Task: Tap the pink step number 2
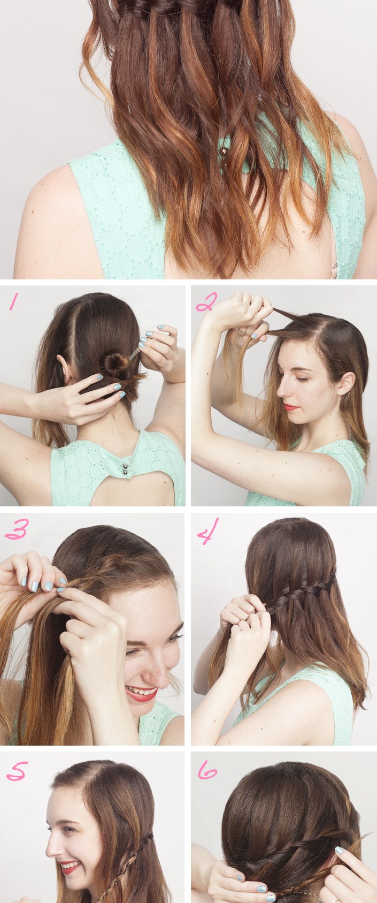point(205,303)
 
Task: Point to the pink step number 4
point(205,534)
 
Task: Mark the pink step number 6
point(206,772)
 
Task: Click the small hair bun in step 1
point(114,365)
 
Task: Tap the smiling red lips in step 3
point(141,694)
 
